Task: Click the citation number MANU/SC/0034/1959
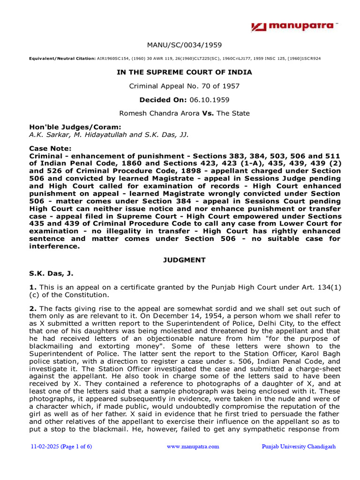pyautogui.click(x=184, y=45)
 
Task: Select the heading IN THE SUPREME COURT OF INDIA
pyautogui.click(x=184, y=72)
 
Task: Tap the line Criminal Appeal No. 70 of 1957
pyautogui.click(x=184, y=86)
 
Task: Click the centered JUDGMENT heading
pyautogui.click(x=184, y=259)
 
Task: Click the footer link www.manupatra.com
pyautogui.click(x=193, y=447)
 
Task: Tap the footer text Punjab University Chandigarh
pyautogui.click(x=299, y=447)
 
